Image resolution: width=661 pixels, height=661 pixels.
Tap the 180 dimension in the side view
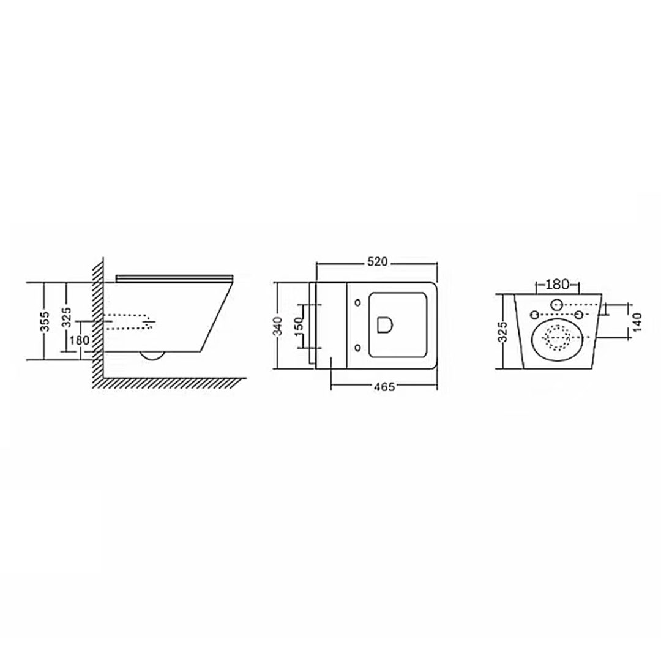pos(80,340)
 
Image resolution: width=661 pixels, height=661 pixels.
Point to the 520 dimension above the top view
pos(377,262)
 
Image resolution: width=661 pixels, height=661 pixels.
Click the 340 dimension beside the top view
pos(278,326)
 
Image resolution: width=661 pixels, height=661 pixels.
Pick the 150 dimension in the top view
pos(299,326)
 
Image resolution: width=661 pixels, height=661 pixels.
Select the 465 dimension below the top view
pos(384,387)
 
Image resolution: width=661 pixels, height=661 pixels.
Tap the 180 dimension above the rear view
pos(558,285)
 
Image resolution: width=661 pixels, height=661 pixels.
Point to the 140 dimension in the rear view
pos(637,322)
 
